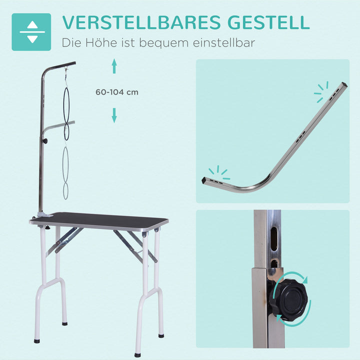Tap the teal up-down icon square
[31, 32]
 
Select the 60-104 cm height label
[117, 92]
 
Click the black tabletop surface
[100, 220]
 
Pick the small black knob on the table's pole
[44, 142]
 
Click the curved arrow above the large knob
[293, 276]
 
